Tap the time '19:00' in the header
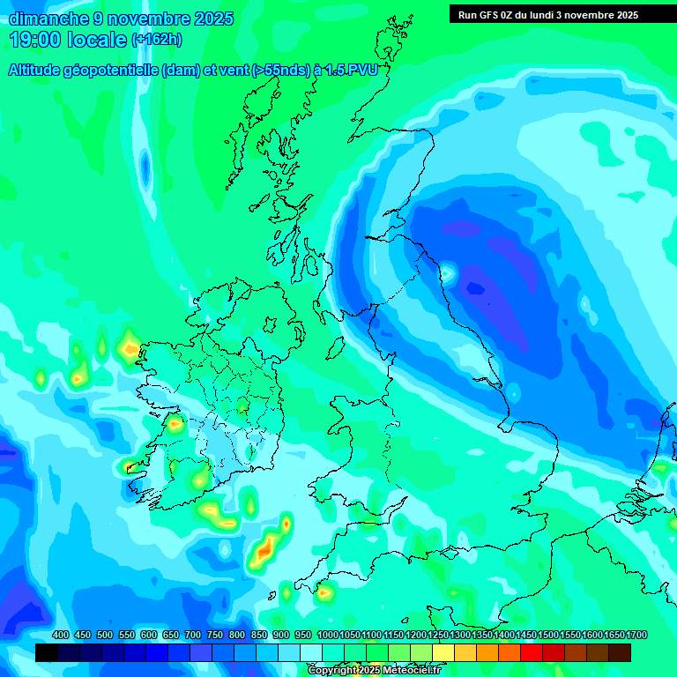38,39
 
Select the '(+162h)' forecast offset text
156,40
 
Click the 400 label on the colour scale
61,635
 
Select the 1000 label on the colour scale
327,635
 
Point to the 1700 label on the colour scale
636,635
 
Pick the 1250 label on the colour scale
438,635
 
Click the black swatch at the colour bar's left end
47,652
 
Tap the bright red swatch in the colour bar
532,652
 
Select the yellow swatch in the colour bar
443,652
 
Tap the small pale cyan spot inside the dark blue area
448,273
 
